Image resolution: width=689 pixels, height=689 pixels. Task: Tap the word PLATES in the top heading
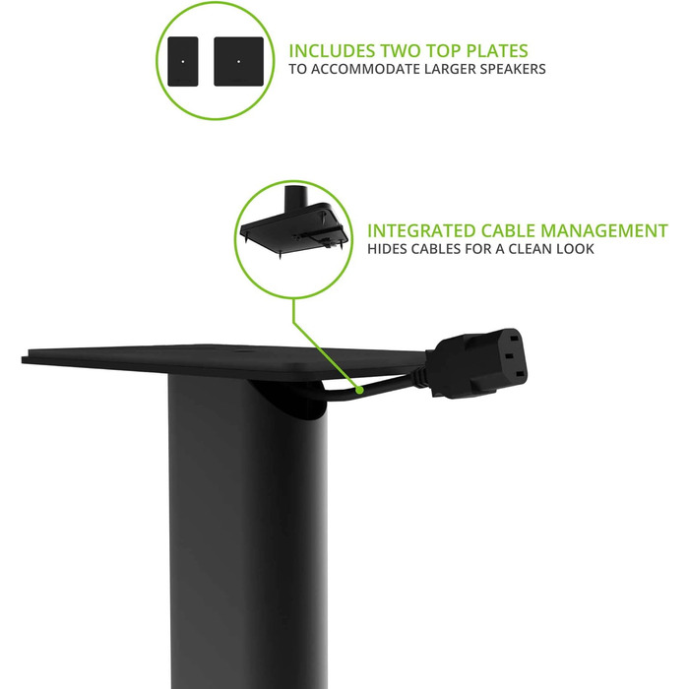(497, 51)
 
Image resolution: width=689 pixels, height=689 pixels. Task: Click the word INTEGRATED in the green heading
(421, 231)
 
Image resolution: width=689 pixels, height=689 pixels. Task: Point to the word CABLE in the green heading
(508, 231)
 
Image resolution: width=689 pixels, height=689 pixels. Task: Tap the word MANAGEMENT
(604, 231)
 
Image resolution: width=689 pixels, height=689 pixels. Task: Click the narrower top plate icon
(183, 61)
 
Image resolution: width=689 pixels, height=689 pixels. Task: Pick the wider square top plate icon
(238, 61)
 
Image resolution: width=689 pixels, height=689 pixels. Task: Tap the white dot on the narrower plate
(183, 61)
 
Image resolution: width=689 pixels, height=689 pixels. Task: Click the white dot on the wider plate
(238, 61)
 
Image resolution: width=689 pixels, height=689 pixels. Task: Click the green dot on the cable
(360, 390)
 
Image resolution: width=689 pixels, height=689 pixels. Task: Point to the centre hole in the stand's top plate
(243, 351)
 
